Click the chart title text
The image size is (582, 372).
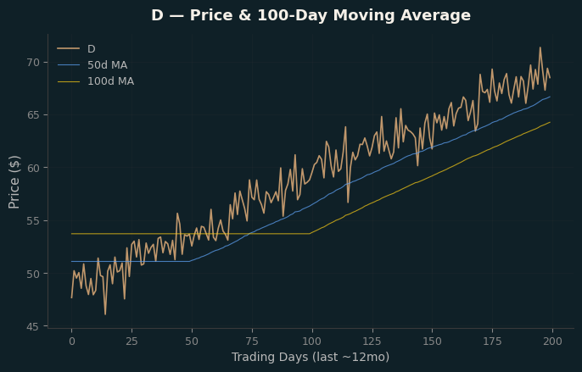[311, 15]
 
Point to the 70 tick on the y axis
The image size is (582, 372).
[33, 63]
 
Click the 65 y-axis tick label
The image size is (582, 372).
[33, 115]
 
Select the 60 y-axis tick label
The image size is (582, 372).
[33, 168]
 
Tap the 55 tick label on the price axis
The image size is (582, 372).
[33, 220]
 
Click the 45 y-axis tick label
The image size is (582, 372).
[33, 326]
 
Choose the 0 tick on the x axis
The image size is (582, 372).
[71, 341]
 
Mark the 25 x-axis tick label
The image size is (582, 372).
[132, 341]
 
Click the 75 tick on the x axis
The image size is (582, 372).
[252, 341]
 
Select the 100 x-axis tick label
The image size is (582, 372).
[312, 341]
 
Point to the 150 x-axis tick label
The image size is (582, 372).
[433, 341]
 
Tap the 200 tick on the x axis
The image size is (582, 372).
[552, 341]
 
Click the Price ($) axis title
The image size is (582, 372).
[14, 182]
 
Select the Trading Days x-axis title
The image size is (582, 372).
[311, 357]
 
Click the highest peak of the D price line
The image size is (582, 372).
[540, 47]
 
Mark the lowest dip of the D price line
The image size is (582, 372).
[105, 314]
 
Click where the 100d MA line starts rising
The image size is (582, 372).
[310, 234]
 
